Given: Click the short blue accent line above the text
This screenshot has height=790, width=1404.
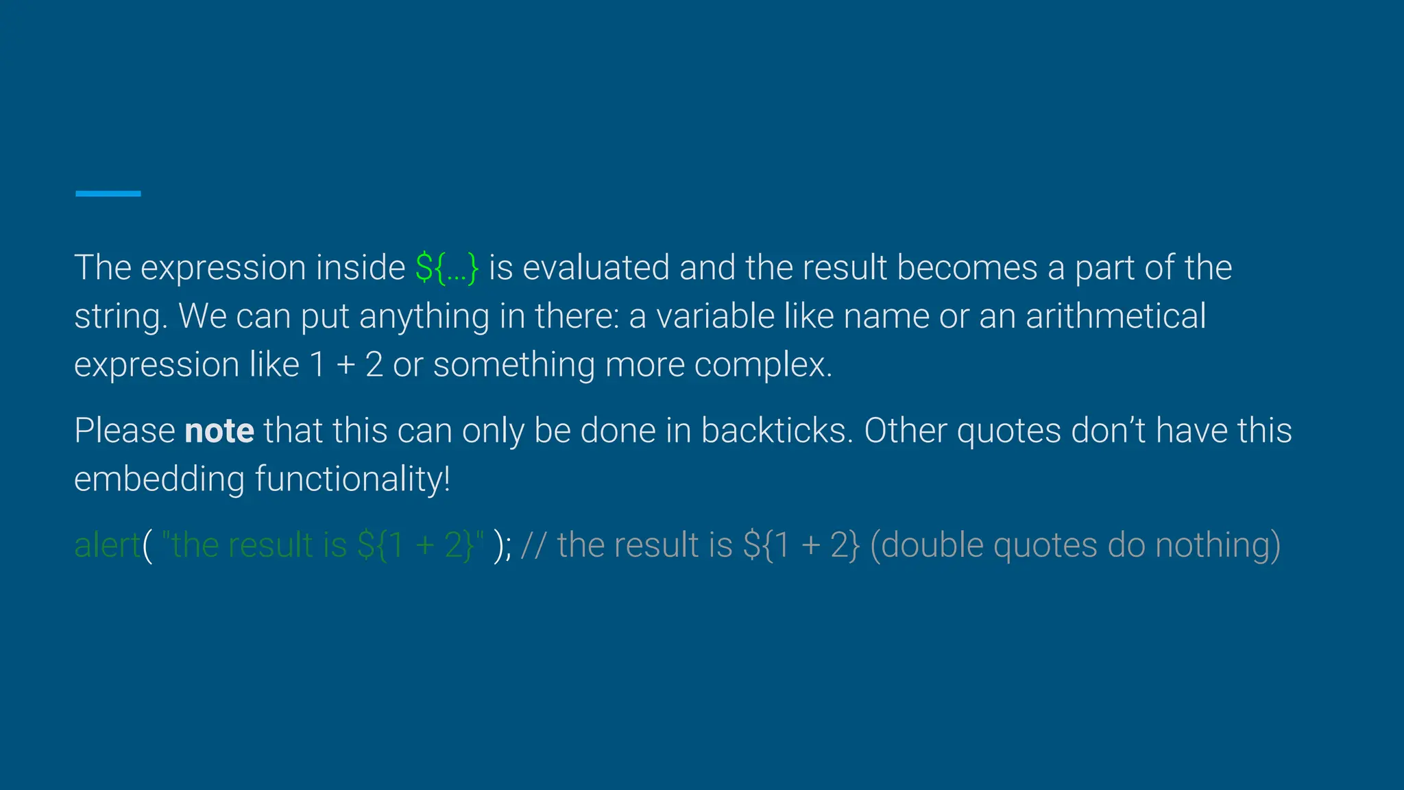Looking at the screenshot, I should pyautogui.click(x=108, y=194).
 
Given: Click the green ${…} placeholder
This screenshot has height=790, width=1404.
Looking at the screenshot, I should pyautogui.click(x=446, y=268).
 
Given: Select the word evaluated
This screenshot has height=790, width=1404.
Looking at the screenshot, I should pyautogui.click(x=596, y=268).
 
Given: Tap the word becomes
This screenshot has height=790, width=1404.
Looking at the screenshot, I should pyautogui.click(x=967, y=268).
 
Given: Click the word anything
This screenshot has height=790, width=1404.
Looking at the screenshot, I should pyautogui.click(x=424, y=317).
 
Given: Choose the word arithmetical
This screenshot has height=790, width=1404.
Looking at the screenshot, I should pyautogui.click(x=1115, y=317).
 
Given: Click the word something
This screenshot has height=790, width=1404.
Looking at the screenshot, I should pyautogui.click(x=514, y=365).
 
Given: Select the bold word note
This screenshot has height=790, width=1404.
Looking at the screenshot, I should pyautogui.click(x=219, y=431).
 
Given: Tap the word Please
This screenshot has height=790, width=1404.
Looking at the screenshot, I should pyautogui.click(x=125, y=431).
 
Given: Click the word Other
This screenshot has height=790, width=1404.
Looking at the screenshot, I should pyautogui.click(x=905, y=431).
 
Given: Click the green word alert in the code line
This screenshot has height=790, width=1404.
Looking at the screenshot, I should pyautogui.click(x=107, y=546).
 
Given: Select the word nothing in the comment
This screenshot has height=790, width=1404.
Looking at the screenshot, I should pyautogui.click(x=1218, y=546).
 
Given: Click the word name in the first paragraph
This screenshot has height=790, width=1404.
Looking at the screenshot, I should pyautogui.click(x=886, y=317).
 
